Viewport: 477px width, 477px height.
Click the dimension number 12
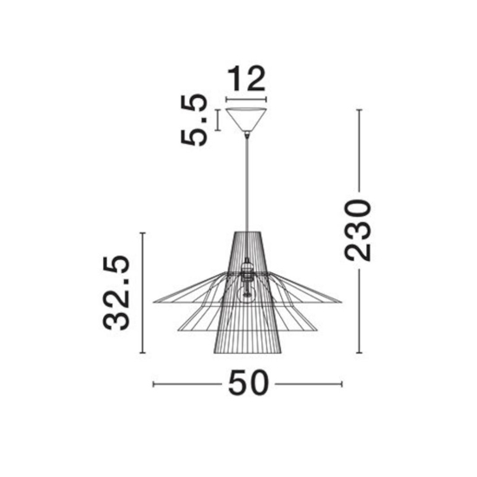click(x=246, y=78)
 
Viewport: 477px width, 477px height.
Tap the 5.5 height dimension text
click(x=193, y=120)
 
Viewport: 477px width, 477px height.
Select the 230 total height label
click(x=357, y=231)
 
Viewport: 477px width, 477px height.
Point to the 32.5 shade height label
click(x=116, y=293)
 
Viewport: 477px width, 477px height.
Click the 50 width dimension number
click(x=249, y=383)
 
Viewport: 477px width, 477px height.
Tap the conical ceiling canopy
click(x=246, y=120)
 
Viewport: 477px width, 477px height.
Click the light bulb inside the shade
click(x=247, y=293)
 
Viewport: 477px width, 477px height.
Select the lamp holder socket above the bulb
click(x=246, y=271)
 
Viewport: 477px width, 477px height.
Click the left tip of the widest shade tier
click(x=154, y=302)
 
